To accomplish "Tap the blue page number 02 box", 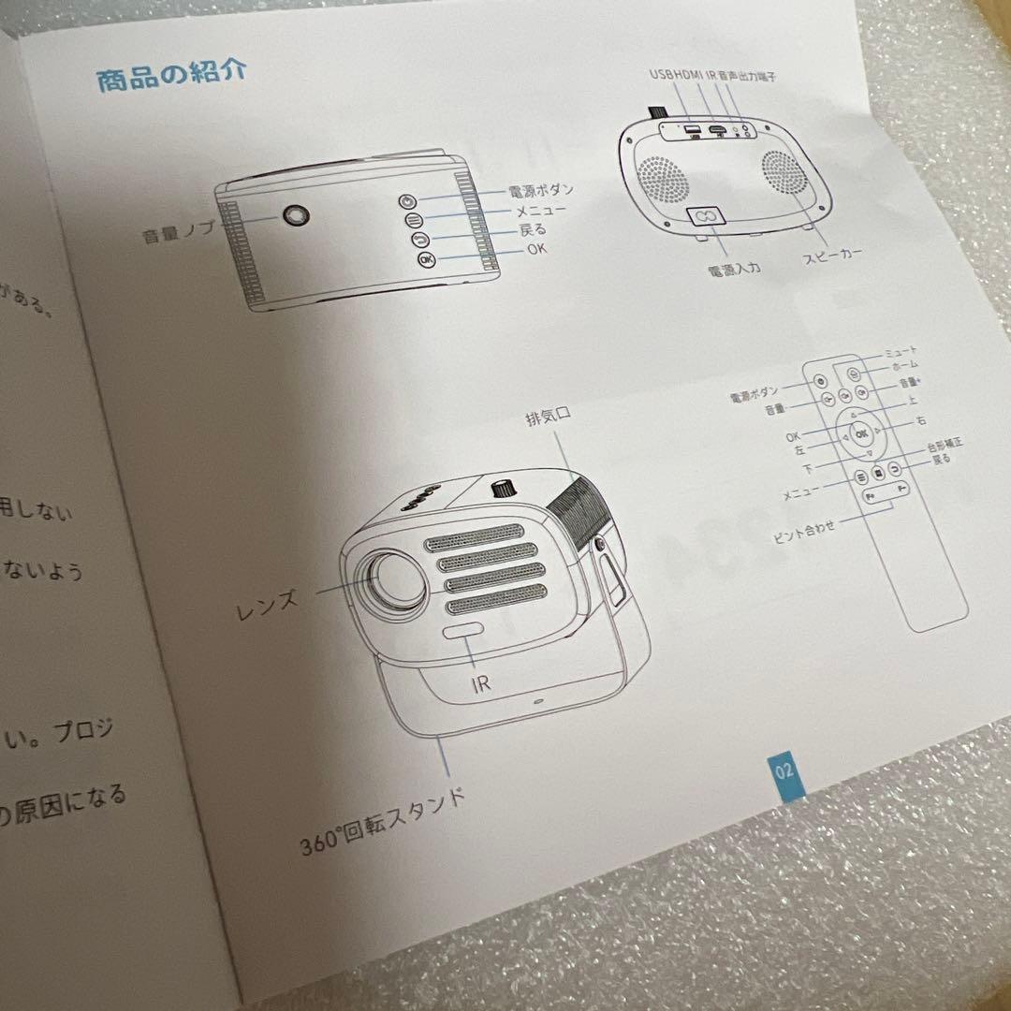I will pos(784,771).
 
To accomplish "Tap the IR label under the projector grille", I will pos(480,682).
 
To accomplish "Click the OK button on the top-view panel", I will pos(427,259).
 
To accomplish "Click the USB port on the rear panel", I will pos(692,130).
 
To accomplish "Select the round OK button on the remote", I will pos(860,433).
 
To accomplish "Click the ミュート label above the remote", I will pos(901,352).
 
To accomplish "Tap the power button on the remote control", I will pos(819,381).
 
